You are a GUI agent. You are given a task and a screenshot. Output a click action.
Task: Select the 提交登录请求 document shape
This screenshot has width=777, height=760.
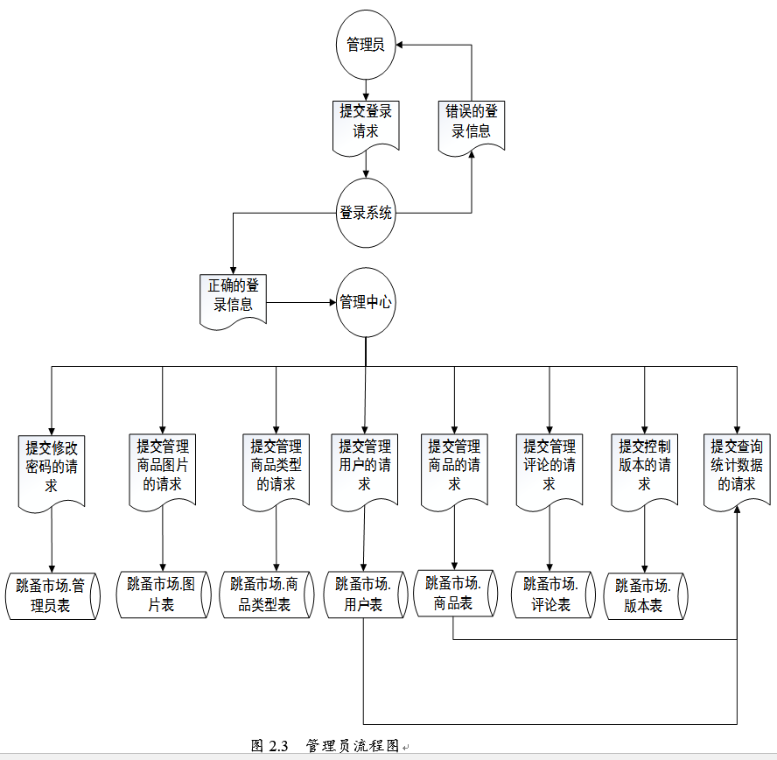[x=366, y=123]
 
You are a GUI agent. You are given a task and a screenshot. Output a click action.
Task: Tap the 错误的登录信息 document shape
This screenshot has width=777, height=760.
[x=472, y=123]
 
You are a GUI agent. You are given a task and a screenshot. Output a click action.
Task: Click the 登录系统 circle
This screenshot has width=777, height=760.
[x=366, y=213]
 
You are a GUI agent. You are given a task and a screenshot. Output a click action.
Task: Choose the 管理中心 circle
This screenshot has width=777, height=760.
[x=366, y=303]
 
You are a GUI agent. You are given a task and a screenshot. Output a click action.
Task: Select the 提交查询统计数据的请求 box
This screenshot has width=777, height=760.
[x=737, y=464]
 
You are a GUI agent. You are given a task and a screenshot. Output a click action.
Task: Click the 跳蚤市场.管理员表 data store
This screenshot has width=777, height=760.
[x=52, y=595]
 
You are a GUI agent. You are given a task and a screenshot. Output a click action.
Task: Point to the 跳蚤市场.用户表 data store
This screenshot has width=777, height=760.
[x=363, y=594]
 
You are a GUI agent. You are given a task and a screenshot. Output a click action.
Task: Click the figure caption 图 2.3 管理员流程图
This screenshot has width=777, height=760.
[x=325, y=746]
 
